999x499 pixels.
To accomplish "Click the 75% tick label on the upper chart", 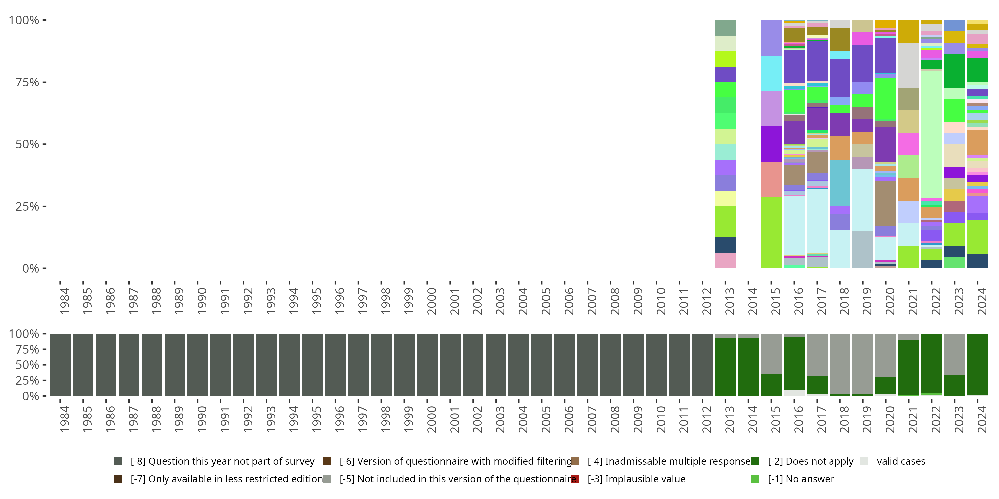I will click(x=27, y=83).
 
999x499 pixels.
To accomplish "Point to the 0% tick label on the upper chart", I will click(x=30, y=268).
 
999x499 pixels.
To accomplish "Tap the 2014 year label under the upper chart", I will click(x=752, y=301).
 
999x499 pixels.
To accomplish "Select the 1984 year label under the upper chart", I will click(x=64, y=301).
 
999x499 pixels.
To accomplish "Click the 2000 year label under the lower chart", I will click(x=431, y=419).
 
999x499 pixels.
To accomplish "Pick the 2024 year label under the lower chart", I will click(x=982, y=419).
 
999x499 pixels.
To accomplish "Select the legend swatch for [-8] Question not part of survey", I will click(x=118, y=461).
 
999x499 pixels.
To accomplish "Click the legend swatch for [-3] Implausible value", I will click(x=575, y=479).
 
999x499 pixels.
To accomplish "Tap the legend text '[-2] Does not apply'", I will click(x=811, y=461).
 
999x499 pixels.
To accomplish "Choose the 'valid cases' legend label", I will click(x=901, y=461).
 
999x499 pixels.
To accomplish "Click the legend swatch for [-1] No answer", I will click(x=755, y=479).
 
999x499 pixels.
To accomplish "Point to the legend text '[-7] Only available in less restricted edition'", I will click(x=226, y=479).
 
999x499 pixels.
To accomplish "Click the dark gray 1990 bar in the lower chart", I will click(x=198, y=365).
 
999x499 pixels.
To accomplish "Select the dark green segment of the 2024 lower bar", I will click(x=977, y=364).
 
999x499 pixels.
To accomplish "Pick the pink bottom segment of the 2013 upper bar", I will click(x=725, y=261).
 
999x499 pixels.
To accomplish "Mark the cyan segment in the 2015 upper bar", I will click(x=771, y=73).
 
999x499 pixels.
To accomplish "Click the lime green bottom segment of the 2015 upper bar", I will click(x=771, y=233).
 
